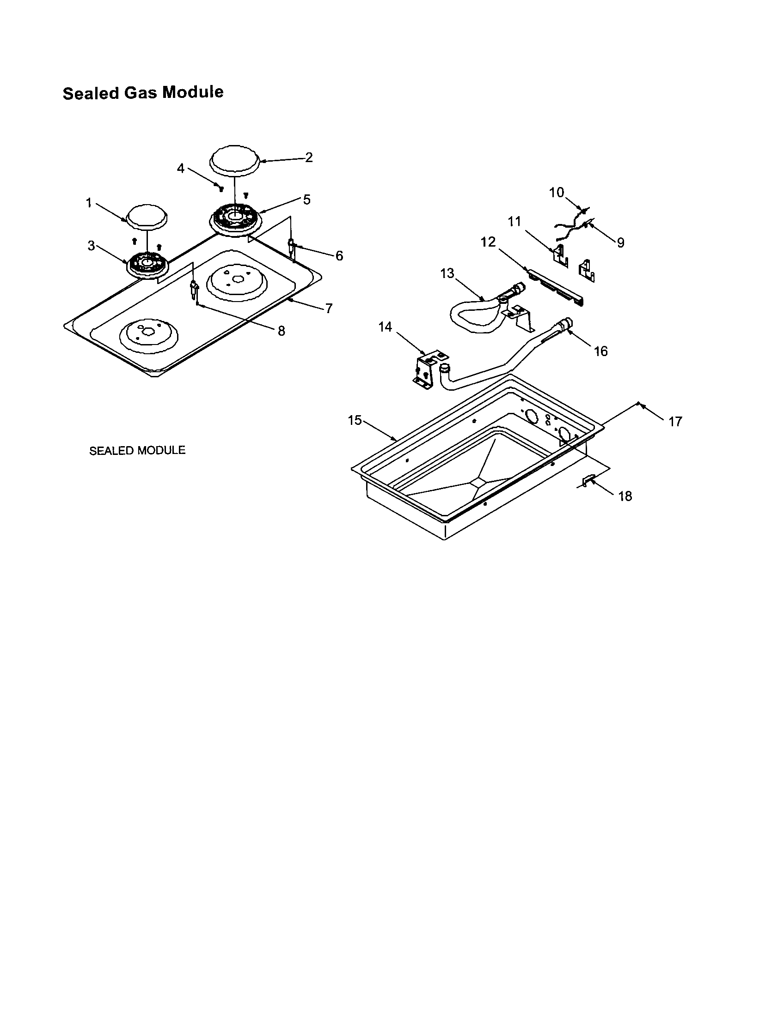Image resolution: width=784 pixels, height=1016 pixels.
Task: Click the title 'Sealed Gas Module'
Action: tap(143, 92)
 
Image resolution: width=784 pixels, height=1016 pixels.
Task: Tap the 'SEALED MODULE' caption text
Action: tap(137, 450)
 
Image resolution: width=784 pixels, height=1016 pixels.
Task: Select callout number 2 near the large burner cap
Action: tap(309, 157)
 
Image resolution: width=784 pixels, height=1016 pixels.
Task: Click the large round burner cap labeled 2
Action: tap(235, 160)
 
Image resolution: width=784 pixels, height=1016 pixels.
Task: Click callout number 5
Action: tap(306, 200)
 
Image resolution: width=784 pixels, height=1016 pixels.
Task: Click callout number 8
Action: tap(281, 331)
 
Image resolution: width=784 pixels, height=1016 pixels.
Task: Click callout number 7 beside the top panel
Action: tap(329, 308)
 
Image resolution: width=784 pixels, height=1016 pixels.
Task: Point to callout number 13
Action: tap(447, 273)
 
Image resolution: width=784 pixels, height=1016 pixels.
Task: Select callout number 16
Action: tap(600, 351)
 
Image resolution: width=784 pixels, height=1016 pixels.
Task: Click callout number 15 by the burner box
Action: tap(355, 420)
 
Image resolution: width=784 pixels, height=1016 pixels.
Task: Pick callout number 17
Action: tap(675, 422)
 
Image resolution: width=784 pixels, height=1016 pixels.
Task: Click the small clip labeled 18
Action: tap(588, 481)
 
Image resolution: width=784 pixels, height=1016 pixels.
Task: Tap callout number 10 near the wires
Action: tap(557, 193)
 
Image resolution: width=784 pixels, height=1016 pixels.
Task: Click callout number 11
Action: tap(514, 221)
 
